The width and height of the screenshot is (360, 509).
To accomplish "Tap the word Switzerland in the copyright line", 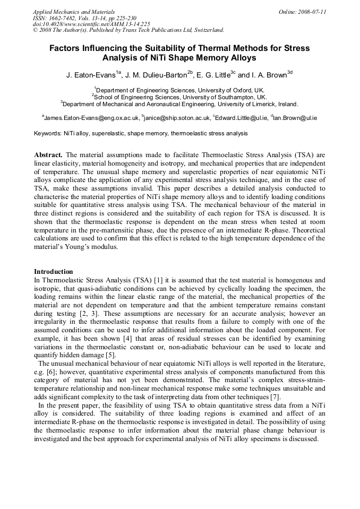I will click(x=204, y=30).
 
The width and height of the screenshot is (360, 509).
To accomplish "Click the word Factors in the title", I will click(x=66, y=48).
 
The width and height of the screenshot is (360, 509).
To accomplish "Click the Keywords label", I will click(x=47, y=133).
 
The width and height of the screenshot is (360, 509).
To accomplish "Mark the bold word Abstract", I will click(x=48, y=155).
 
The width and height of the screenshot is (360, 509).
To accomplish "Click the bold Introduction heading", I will click(x=54, y=271).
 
